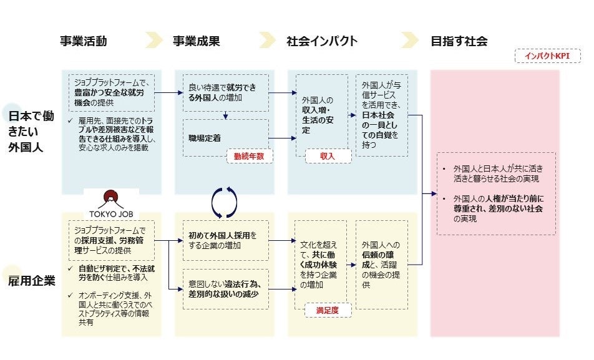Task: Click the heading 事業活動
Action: [x=84, y=42]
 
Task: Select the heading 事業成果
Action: [x=197, y=42]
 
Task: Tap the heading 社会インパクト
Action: [x=322, y=42]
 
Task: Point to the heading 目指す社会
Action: [x=459, y=42]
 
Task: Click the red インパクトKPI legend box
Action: [x=548, y=56]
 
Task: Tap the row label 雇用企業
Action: [x=32, y=280]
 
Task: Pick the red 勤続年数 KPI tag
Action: [x=250, y=156]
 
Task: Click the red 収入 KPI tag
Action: [x=328, y=156]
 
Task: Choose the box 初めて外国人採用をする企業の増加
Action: [x=225, y=240]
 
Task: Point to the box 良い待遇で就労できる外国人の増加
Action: [x=225, y=92]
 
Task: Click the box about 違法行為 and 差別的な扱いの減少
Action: [x=225, y=289]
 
